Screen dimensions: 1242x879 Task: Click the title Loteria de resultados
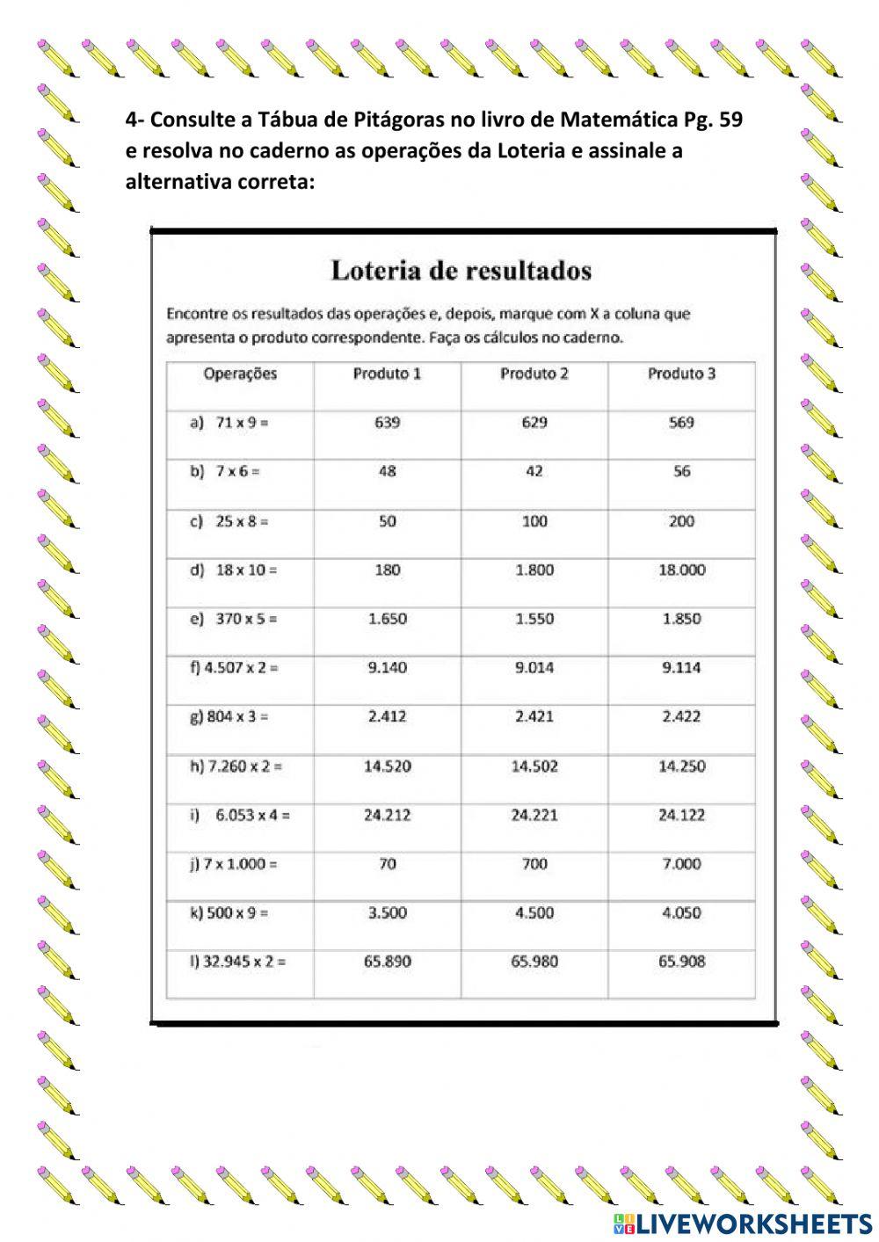pyautogui.click(x=461, y=270)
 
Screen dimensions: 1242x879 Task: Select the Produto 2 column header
pyautogui.click(x=534, y=374)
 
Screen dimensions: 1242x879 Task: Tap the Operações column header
pyautogui.click(x=240, y=374)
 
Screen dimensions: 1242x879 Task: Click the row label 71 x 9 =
pyautogui.click(x=230, y=423)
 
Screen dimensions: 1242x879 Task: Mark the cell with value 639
pyautogui.click(x=387, y=423)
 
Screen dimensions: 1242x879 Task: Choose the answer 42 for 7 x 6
pyautogui.click(x=534, y=471)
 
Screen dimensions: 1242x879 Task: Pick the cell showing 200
pyautogui.click(x=681, y=521)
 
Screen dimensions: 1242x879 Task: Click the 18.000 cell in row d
pyautogui.click(x=681, y=570)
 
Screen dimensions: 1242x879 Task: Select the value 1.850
pyautogui.click(x=681, y=619)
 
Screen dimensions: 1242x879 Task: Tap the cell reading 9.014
pyautogui.click(x=534, y=668)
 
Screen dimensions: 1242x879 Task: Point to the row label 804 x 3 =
pyautogui.click(x=229, y=717)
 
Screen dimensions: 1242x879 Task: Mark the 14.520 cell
pyautogui.click(x=387, y=766)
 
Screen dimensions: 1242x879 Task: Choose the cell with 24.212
pyautogui.click(x=387, y=816)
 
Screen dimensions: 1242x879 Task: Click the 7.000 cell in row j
pyautogui.click(x=681, y=864)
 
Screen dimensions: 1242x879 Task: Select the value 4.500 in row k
pyautogui.click(x=534, y=913)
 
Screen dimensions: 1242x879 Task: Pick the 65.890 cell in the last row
pyautogui.click(x=387, y=962)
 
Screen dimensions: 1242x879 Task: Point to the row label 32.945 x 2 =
pyautogui.click(x=238, y=962)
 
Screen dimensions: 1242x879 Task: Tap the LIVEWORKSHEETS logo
pyautogui.click(x=742, y=1223)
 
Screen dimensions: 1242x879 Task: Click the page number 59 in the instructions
pyautogui.click(x=730, y=120)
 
